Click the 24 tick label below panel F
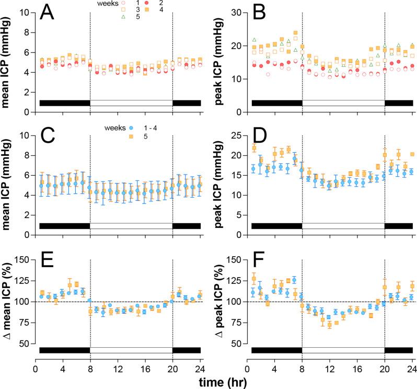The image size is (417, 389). pyautogui.click(x=412, y=368)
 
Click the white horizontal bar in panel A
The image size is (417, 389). pyautogui.click(x=131, y=102)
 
